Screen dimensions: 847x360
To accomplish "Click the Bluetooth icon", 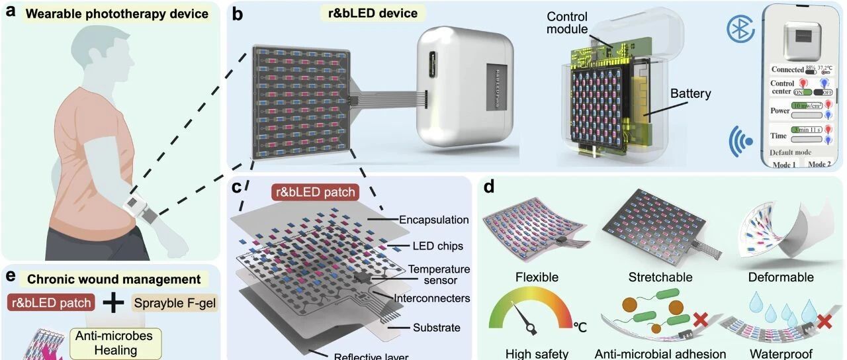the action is [740, 28].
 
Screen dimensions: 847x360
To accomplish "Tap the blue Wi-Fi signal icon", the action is [740, 140].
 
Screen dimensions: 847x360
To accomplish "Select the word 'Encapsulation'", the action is [435, 220].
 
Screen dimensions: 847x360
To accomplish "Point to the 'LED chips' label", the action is [436, 246].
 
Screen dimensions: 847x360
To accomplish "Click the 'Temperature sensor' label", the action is [439, 275].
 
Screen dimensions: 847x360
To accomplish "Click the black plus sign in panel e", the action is [114, 302].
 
